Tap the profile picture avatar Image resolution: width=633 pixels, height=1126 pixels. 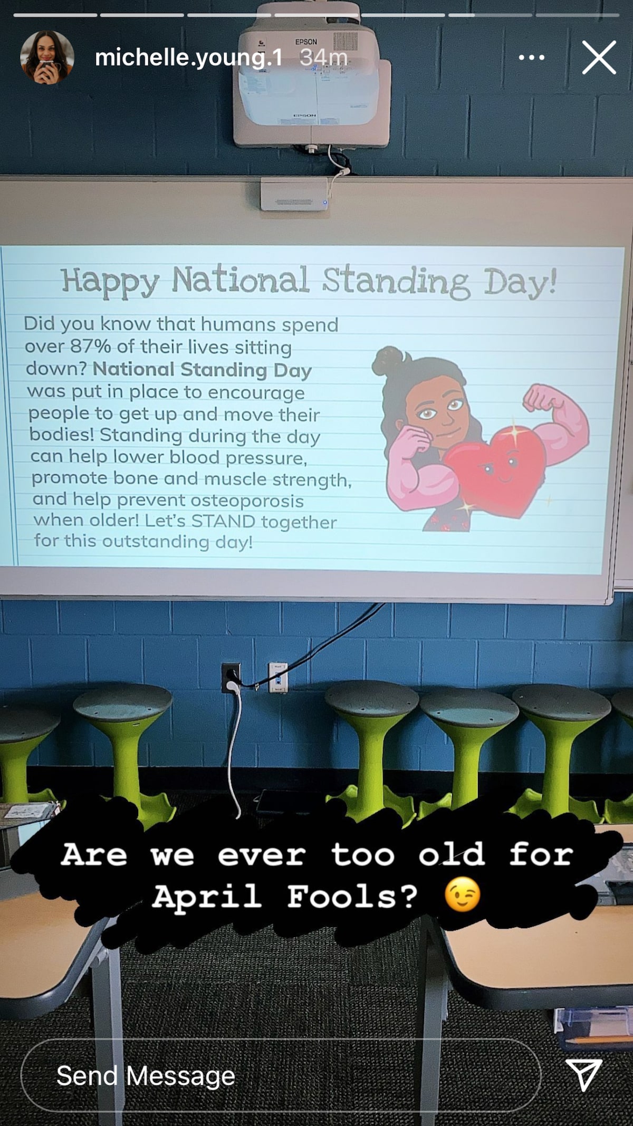tap(47, 57)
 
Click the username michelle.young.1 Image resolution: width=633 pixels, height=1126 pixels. tap(188, 57)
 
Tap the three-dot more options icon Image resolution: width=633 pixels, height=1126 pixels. tap(531, 57)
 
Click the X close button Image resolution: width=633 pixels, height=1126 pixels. tap(599, 57)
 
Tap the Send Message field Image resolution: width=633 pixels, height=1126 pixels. tap(281, 1076)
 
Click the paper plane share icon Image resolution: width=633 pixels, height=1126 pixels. tap(584, 1074)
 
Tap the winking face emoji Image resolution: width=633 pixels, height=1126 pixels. tap(462, 894)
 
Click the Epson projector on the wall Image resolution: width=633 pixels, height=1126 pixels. tap(312, 79)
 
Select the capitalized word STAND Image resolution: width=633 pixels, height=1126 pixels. tap(223, 521)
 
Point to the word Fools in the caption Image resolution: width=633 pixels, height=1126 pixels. tap(352, 896)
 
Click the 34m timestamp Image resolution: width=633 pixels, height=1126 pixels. tap(323, 57)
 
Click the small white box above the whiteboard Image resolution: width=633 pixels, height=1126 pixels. tap(294, 194)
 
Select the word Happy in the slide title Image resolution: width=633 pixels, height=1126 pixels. tap(110, 281)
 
